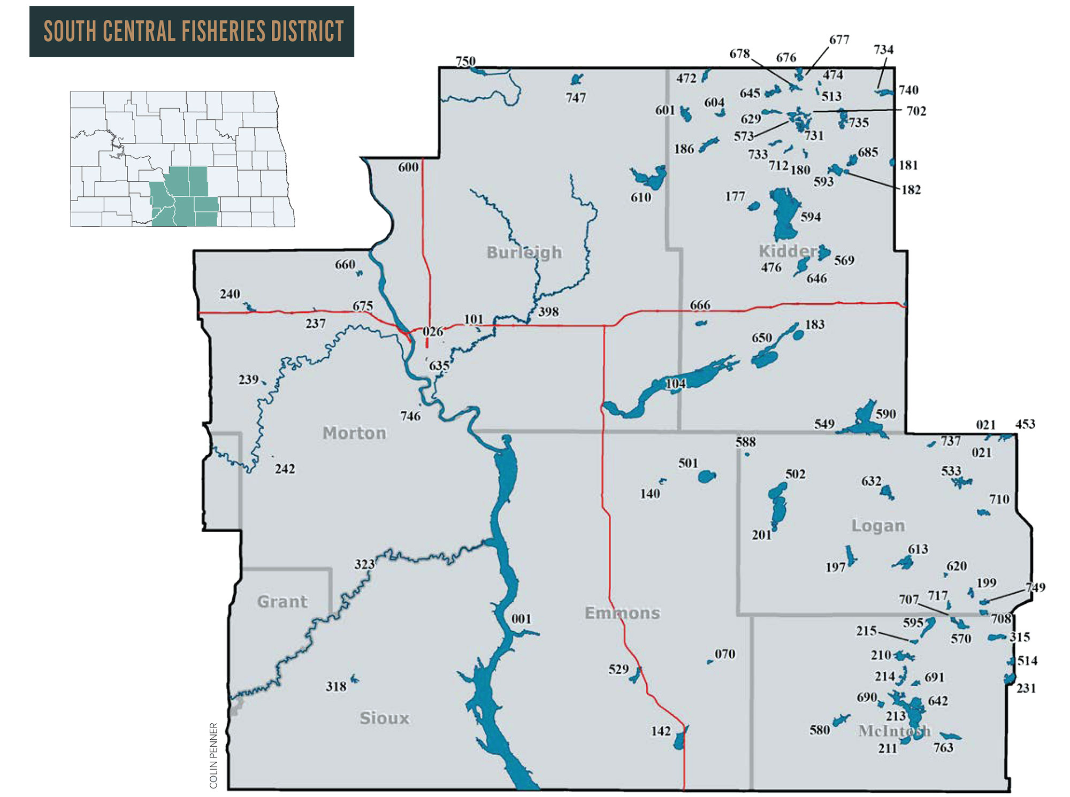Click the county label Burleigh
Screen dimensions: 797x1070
[x=524, y=252]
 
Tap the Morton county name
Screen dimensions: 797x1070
[x=354, y=433]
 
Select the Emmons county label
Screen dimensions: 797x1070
[x=622, y=612]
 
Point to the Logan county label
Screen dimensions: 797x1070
[x=878, y=525]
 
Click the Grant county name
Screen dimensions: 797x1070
[x=282, y=601]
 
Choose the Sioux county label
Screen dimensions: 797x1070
[x=384, y=718]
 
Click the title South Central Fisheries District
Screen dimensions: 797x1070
[x=193, y=31]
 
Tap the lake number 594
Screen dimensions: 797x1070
[x=810, y=217]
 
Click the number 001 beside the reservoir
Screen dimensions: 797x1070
[x=521, y=619]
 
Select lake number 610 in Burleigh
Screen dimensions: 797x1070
[x=640, y=197]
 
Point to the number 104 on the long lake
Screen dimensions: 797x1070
[x=675, y=384]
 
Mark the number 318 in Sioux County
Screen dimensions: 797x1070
[x=336, y=686]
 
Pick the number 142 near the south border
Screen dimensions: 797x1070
[x=661, y=731]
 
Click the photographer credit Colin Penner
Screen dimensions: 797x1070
[x=213, y=755]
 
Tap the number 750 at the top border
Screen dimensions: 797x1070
[x=465, y=61]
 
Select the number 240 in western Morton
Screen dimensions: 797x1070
[x=230, y=294]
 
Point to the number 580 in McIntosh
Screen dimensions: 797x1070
[x=819, y=730]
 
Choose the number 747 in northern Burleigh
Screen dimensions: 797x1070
[x=576, y=97]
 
